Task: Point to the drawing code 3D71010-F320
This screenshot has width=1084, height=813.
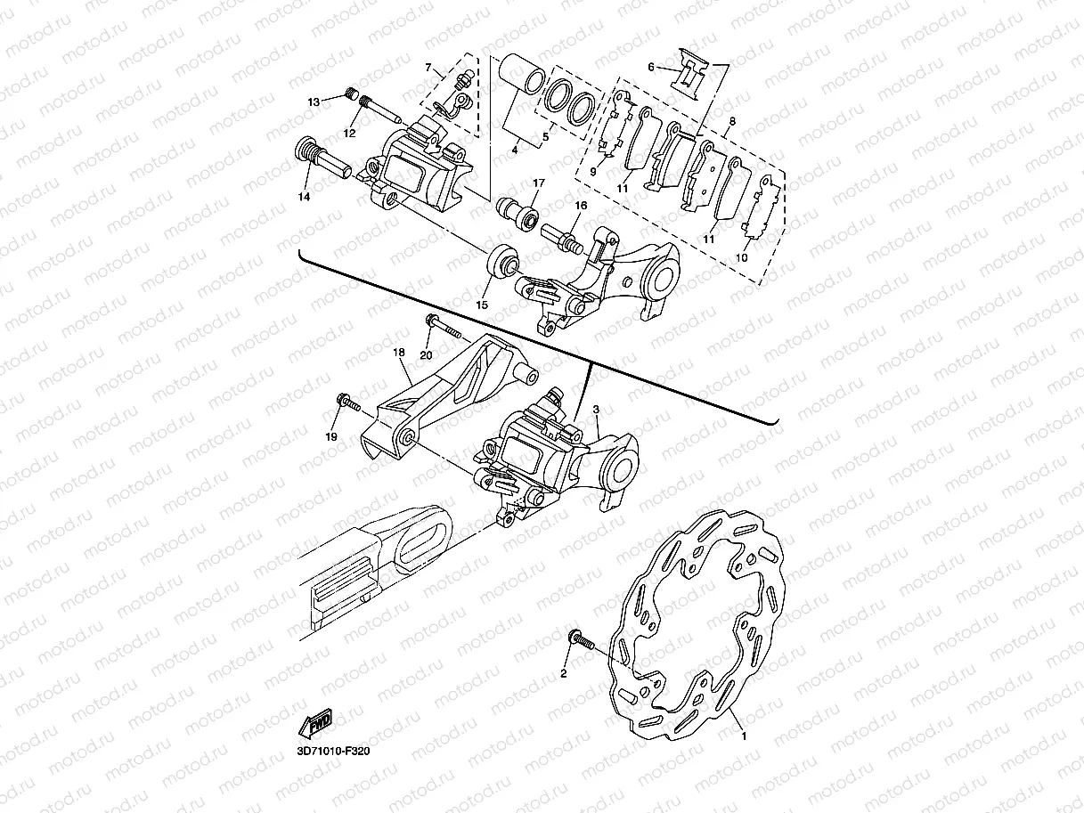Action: [332, 751]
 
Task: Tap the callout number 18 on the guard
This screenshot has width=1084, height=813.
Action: [399, 353]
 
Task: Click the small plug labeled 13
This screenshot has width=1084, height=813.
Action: [351, 93]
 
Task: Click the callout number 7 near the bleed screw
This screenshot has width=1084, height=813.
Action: [428, 68]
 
